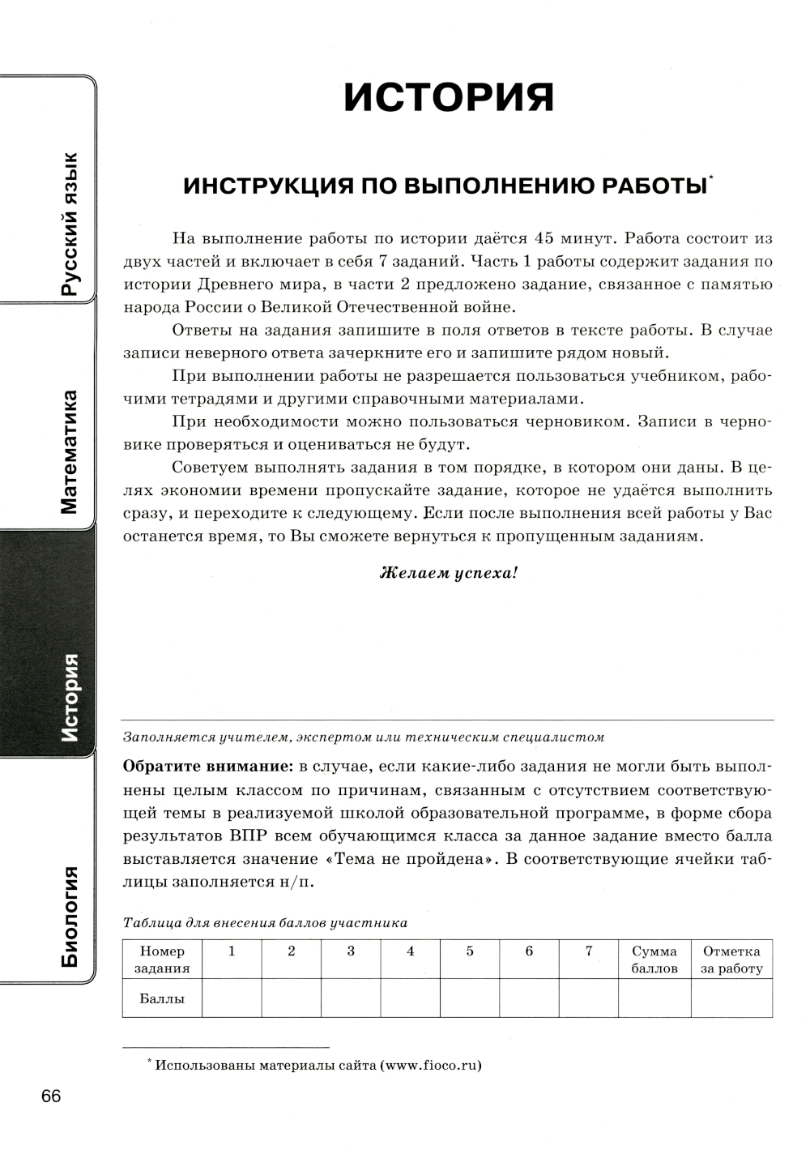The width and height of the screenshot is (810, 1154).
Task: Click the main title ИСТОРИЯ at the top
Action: [x=449, y=98]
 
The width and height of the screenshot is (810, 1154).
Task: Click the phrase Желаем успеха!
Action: [x=448, y=573]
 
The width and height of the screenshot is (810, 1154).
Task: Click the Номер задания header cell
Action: [x=162, y=960]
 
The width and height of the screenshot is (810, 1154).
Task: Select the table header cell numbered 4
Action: [x=411, y=951]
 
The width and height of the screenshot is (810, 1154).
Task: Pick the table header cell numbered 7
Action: [x=589, y=951]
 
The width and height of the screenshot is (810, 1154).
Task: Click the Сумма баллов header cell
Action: [x=654, y=960]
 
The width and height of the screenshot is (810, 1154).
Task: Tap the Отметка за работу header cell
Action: [x=731, y=960]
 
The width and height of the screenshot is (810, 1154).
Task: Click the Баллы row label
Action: [x=162, y=998]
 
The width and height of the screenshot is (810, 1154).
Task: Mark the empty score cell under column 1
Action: [x=232, y=998]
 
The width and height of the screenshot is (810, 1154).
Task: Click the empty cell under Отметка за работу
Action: [x=731, y=998]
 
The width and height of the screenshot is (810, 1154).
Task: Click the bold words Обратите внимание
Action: [x=207, y=767]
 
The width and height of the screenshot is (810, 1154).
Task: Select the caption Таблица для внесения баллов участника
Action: [x=265, y=922]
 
